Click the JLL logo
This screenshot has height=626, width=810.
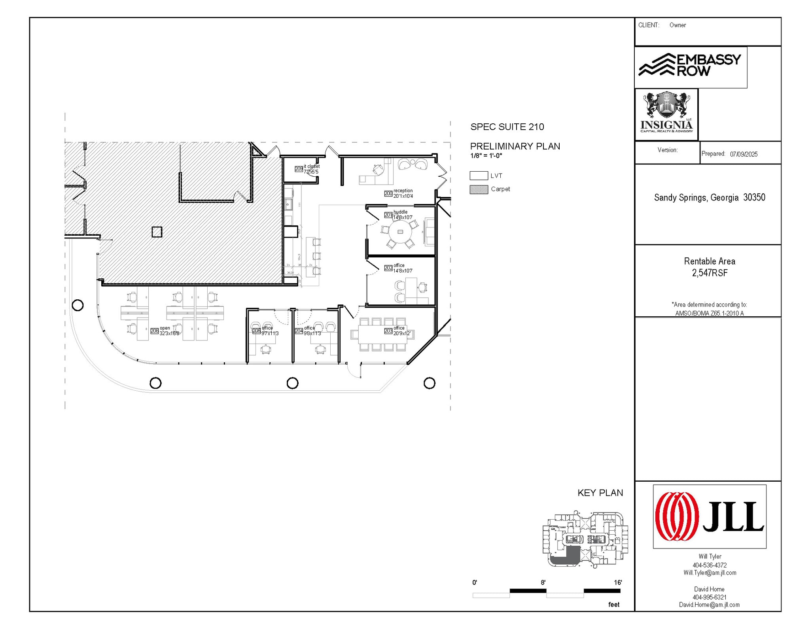709,516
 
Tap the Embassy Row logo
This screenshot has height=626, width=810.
690,65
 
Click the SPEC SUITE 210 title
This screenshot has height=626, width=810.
507,127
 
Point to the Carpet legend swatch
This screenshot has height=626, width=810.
479,189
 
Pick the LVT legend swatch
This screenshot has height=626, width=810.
479,176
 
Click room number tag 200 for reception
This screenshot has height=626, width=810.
388,193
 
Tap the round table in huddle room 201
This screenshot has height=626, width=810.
400,232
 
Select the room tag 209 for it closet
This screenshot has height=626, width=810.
299,169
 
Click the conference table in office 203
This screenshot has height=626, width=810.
382,335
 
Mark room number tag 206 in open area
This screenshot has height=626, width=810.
154,331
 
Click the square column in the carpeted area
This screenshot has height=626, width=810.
157,232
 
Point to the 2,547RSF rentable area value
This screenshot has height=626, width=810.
710,273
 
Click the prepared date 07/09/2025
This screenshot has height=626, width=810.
744,154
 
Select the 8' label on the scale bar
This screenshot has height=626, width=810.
543,583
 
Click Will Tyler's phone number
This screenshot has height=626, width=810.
710,565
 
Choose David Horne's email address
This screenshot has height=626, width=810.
709,605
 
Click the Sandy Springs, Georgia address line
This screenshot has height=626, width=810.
710,197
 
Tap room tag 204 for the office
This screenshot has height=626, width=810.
299,331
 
